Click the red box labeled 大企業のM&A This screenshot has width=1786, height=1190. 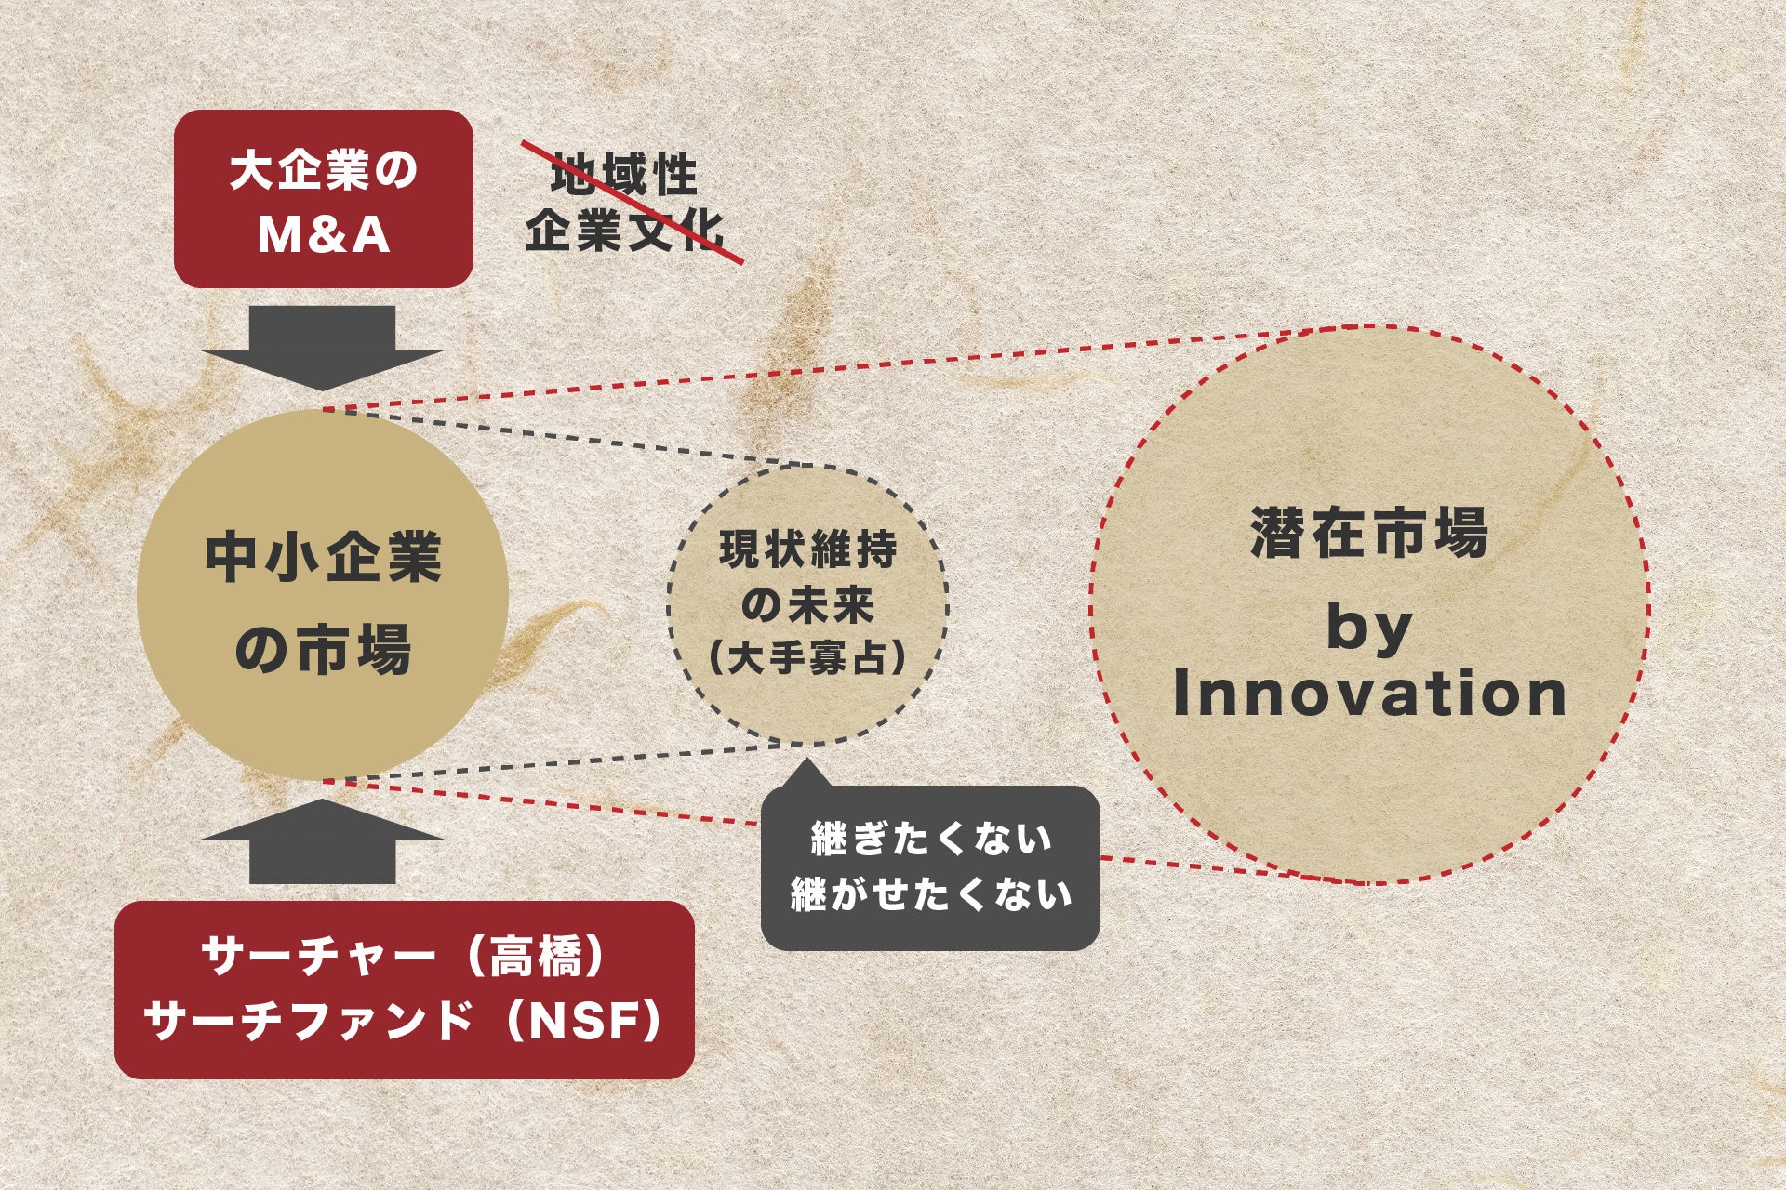[x=324, y=199]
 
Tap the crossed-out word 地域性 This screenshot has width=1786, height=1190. [x=623, y=176]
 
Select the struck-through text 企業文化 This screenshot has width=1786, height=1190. [x=623, y=229]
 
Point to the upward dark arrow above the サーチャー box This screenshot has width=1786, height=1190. [x=322, y=841]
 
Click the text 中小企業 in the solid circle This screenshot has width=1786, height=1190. [x=323, y=558]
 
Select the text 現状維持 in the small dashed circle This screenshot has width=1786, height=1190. [x=808, y=549]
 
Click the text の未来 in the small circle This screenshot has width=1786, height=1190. [x=808, y=605]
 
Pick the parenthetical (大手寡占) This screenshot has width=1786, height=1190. [x=807, y=659]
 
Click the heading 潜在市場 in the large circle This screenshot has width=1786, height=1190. [x=1369, y=533]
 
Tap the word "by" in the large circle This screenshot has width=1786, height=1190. [x=1369, y=630]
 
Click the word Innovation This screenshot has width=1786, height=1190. [x=1370, y=694]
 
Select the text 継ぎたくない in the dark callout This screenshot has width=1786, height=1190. [x=931, y=839]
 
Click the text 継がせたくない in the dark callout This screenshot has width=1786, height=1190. [x=931, y=894]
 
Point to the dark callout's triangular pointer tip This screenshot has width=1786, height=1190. [x=805, y=760]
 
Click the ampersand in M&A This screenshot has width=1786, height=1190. [x=324, y=234]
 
